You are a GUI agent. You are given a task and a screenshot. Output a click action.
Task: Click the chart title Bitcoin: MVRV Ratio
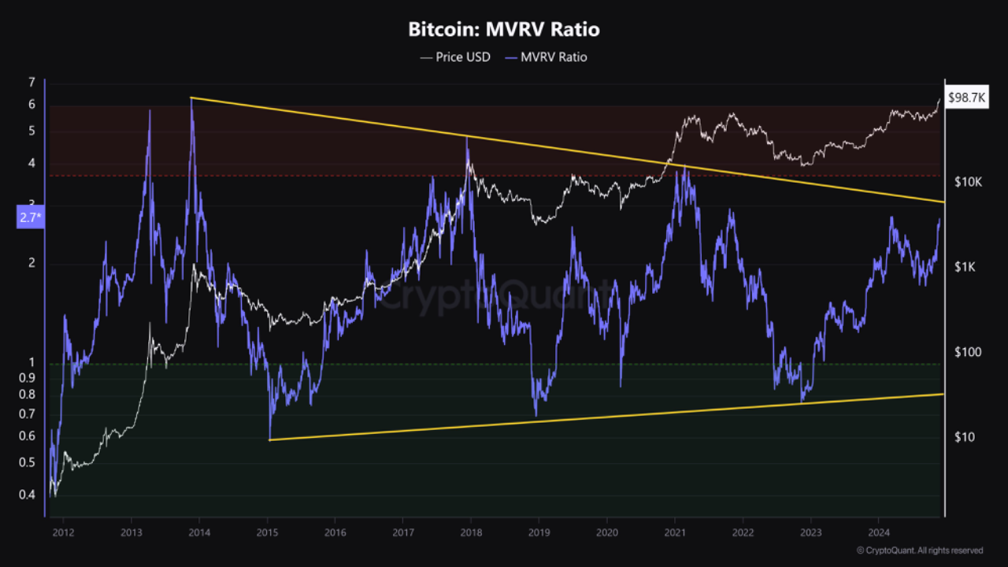coord(504,30)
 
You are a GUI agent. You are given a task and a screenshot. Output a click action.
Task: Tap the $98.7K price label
coord(967,98)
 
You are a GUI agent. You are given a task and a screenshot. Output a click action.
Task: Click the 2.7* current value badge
coord(29,218)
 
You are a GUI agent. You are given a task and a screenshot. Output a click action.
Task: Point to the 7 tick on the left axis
coord(31,82)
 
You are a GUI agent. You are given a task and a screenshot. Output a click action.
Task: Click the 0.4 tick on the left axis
coord(27,495)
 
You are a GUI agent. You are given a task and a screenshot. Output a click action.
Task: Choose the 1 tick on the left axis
coord(31,363)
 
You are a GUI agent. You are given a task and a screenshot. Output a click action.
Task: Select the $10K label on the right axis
coord(968,182)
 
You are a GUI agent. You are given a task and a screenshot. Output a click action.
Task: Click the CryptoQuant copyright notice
coord(919,550)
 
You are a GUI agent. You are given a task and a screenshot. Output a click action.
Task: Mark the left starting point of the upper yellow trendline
coord(191,98)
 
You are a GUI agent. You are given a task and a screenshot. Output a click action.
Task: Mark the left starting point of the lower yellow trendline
coord(269,439)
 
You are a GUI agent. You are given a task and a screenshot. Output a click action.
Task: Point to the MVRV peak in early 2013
coord(150,110)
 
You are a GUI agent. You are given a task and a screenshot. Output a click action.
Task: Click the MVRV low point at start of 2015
coord(269,438)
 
